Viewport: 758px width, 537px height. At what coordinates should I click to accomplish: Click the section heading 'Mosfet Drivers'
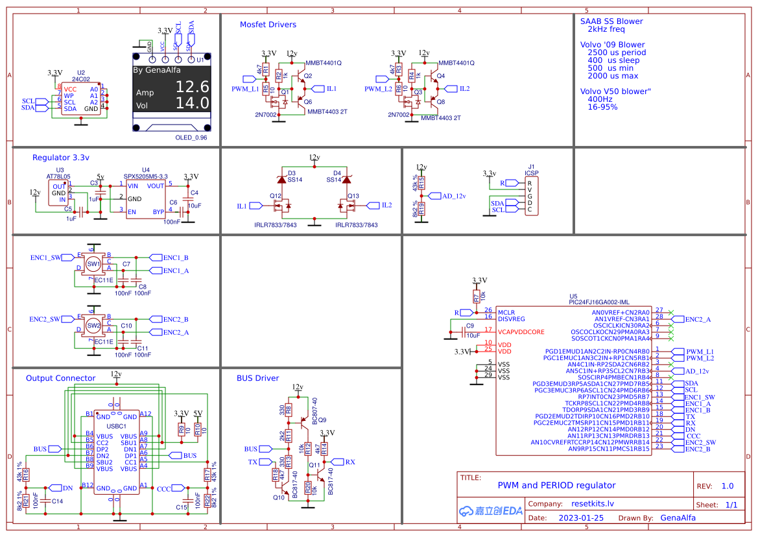(x=268, y=25)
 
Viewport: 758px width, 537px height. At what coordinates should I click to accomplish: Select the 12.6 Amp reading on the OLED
(x=193, y=87)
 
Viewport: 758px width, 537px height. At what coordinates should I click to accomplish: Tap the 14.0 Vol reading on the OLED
(x=193, y=103)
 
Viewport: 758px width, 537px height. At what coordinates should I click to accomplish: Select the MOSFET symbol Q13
(x=348, y=206)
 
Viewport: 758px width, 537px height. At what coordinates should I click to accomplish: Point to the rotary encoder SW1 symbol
(x=93, y=265)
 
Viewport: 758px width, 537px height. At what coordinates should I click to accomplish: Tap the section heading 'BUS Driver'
(x=257, y=378)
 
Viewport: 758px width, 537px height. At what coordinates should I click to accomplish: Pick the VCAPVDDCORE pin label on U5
(x=522, y=331)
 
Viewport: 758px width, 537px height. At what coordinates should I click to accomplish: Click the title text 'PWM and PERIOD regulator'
(x=556, y=485)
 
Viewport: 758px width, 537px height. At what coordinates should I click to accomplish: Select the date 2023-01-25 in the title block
(x=581, y=518)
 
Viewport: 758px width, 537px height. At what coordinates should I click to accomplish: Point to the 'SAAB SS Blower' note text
(x=611, y=21)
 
